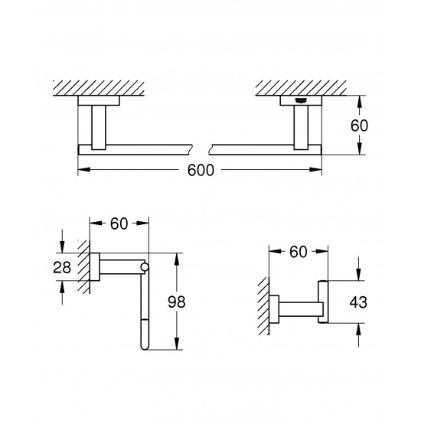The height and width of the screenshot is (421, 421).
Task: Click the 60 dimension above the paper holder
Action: tap(118, 224)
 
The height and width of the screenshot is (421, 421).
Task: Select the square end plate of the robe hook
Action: tap(325, 302)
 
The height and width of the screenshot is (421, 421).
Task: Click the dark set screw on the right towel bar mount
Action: tap(299, 100)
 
